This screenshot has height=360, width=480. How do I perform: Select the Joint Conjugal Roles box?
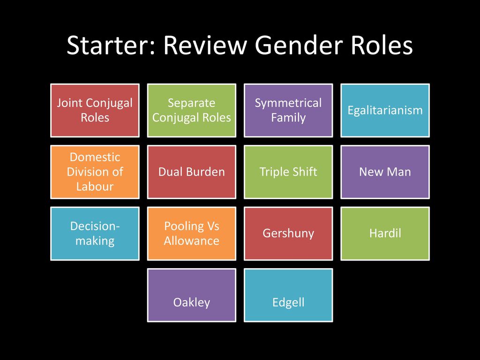pos(95,110)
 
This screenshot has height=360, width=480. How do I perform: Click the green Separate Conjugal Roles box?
pos(192,110)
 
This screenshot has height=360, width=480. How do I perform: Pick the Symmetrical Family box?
pos(288,110)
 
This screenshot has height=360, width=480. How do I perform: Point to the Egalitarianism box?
pos(385,110)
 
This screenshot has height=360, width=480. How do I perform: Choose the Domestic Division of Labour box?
pos(95,172)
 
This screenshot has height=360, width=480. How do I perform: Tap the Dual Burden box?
pos(192,172)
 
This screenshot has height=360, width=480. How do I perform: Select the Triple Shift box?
pos(288,172)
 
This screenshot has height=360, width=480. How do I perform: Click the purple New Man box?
pos(385,172)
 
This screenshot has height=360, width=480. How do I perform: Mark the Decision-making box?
pos(95,233)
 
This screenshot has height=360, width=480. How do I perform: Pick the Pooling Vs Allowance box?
pos(192,233)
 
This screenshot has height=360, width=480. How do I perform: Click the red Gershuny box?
pos(288,233)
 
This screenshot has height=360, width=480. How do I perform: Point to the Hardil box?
pos(385,233)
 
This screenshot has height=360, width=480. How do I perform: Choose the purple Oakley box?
pos(192,295)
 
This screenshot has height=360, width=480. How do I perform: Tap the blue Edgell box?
pos(288,295)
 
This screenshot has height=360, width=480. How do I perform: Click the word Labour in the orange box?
pos(95,187)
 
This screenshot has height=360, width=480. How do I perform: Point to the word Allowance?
pos(192,240)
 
